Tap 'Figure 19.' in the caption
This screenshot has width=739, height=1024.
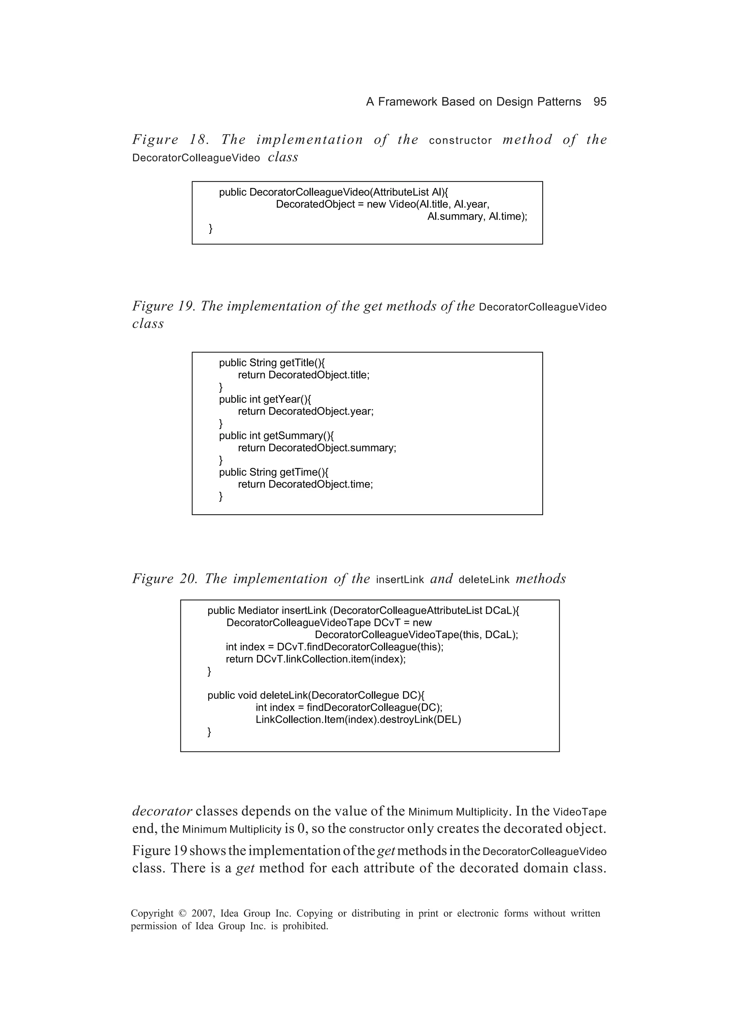pyautogui.click(x=164, y=306)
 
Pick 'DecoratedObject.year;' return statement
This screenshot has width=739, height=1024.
pyautogui.click(x=320, y=412)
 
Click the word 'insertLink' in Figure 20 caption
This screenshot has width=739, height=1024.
pyautogui.click(x=399, y=580)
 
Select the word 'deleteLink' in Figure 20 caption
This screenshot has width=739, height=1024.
pyautogui.click(x=484, y=580)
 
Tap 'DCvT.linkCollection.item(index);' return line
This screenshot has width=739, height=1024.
pyautogui.click(x=331, y=659)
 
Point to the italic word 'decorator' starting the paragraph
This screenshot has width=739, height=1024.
pyautogui.click(x=162, y=811)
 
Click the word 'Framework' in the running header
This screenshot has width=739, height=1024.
pyautogui.click(x=408, y=102)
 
